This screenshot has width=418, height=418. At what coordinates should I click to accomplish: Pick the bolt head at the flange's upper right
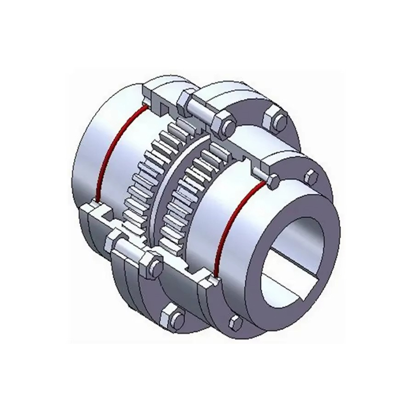tap(275, 119)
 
